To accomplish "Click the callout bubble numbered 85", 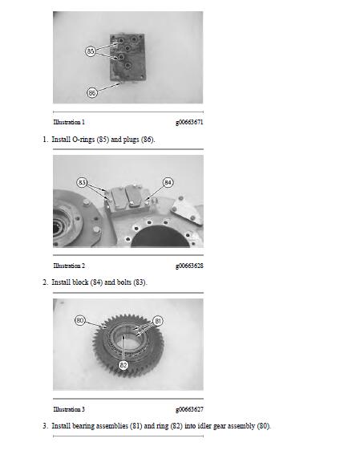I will pos(91,51).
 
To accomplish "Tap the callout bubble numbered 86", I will pos(92,93).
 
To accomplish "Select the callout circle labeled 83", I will pos(83,182).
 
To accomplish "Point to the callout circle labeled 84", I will pos(168,182).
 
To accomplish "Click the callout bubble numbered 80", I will pos(80,320).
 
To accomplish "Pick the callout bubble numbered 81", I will pos(158,321).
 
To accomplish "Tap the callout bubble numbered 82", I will pos(123,364).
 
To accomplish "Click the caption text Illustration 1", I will pos(69,122).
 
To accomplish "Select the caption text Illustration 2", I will pos(69,266).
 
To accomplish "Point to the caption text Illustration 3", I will pos(69,409).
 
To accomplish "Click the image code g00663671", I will pos(188,122).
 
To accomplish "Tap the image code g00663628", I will pos(188,266).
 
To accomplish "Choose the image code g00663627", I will pos(188,409).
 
